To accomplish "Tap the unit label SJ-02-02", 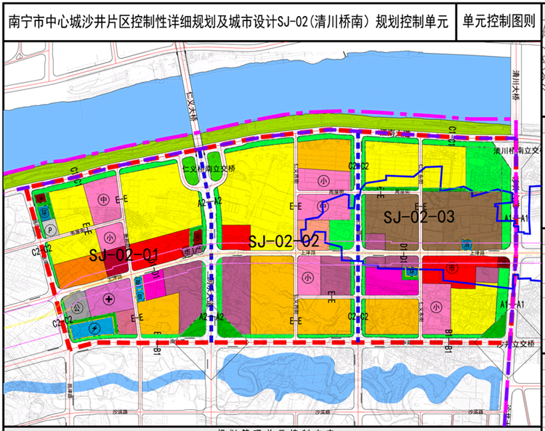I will [284, 241].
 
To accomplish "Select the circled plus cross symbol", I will [109, 299].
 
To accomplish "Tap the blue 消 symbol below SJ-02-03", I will [412, 272].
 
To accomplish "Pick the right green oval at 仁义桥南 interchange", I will [215, 161].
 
